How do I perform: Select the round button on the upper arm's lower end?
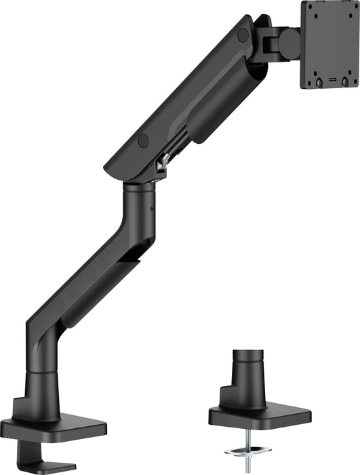point(143,140)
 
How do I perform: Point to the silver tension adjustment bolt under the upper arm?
point(161,165)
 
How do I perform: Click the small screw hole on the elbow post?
point(151,203)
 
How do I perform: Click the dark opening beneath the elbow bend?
point(136,255)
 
